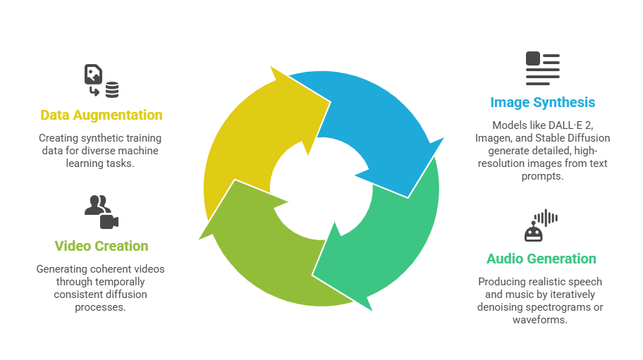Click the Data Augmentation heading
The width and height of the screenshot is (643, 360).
pos(101,115)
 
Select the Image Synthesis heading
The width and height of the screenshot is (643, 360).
pos(542,102)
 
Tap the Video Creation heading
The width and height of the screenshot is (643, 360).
pos(101,246)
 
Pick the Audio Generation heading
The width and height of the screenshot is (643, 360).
pos(541,259)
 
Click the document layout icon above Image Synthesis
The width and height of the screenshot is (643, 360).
pos(542,68)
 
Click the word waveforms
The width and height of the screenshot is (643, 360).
pos(541,320)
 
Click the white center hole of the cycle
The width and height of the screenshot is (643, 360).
pos(321,187)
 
